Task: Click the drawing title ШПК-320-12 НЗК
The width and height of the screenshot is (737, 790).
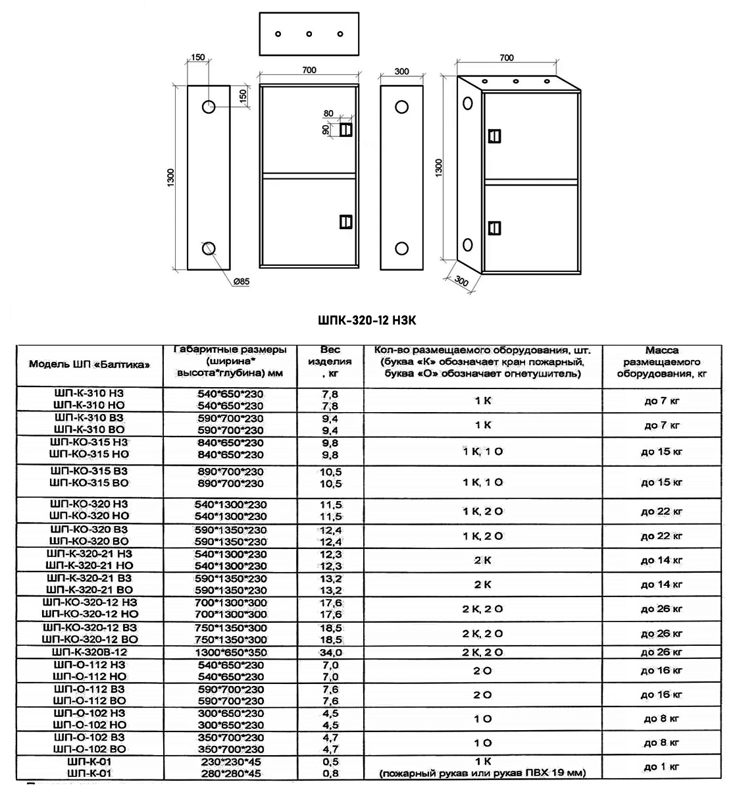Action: point(367,321)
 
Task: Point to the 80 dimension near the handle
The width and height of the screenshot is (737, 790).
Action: point(328,114)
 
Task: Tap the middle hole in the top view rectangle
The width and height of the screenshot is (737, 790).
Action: point(309,34)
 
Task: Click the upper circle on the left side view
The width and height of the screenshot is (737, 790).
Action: point(209,107)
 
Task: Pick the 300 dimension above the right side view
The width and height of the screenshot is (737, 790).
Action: point(401,71)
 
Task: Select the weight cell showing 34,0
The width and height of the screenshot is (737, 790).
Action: point(330,652)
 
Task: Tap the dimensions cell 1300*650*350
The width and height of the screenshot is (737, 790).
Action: point(230,652)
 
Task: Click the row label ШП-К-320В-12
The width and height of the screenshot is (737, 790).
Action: point(89,652)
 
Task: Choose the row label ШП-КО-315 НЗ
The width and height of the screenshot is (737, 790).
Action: point(89,442)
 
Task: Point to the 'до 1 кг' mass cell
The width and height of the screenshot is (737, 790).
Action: point(661,766)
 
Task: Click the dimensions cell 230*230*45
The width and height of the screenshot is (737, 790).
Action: point(230,761)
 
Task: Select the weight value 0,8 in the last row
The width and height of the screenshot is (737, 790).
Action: point(330,774)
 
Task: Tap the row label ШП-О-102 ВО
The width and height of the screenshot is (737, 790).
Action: point(89,749)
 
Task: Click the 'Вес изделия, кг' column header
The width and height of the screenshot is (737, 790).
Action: point(330,361)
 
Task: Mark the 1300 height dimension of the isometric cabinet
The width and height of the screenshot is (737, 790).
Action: point(439,167)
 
